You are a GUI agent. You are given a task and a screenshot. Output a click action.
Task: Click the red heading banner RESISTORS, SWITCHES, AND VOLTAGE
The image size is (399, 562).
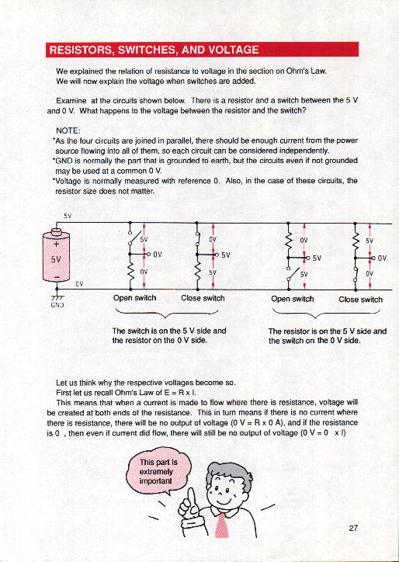click(202, 50)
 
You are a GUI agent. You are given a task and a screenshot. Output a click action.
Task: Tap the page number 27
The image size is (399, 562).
click(353, 528)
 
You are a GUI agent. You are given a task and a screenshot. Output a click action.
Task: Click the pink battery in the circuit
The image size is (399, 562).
click(57, 255)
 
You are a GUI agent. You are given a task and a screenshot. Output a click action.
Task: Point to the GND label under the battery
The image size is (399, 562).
click(57, 305)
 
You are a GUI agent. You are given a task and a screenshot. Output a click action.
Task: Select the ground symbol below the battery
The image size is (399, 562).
click(57, 297)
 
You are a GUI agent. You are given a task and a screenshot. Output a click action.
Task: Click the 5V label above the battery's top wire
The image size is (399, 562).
click(68, 216)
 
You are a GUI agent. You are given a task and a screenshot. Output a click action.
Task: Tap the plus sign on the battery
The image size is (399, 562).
click(56, 244)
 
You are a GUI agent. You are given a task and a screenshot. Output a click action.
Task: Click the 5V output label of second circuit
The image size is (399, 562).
click(225, 255)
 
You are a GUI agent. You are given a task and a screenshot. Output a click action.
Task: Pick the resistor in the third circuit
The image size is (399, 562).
click(288, 240)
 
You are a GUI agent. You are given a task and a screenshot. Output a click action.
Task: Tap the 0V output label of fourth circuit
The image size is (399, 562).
click(382, 258)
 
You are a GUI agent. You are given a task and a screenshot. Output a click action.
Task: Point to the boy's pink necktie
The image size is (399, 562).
click(221, 526)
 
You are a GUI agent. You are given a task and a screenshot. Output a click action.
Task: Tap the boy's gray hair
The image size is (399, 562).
click(229, 472)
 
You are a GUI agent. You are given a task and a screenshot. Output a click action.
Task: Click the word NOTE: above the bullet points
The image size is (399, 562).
click(68, 130)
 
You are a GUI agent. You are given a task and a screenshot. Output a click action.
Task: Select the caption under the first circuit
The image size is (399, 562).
click(134, 298)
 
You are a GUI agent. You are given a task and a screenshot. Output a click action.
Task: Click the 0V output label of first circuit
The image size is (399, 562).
click(158, 255)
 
